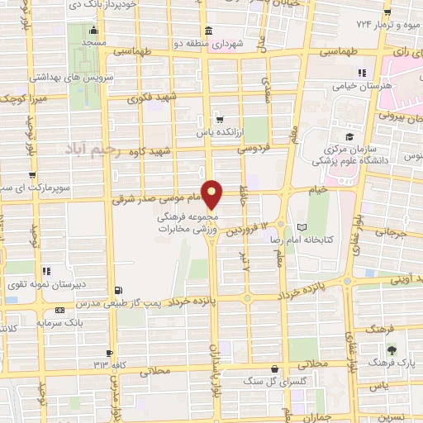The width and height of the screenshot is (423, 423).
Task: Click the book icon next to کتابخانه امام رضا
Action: coord(301,226)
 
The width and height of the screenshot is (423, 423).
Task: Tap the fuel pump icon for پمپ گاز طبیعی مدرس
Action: coord(120,289)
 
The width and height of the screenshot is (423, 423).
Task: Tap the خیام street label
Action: coord(317,189)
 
